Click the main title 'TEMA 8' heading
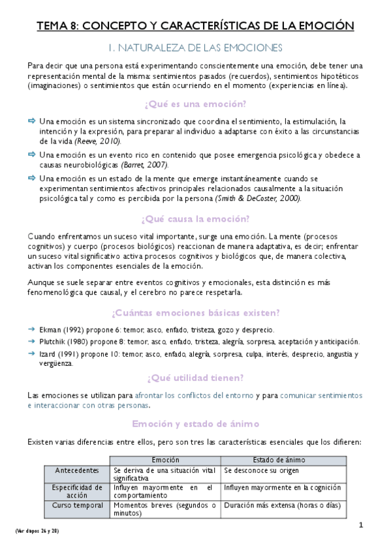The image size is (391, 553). tap(195, 25)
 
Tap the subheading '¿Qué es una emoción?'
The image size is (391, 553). tap(195, 104)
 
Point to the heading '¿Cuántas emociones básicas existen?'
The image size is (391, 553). tap(196, 312)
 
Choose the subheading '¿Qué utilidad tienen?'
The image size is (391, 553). tap(195, 377)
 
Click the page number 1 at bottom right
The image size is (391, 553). tap(360, 526)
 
